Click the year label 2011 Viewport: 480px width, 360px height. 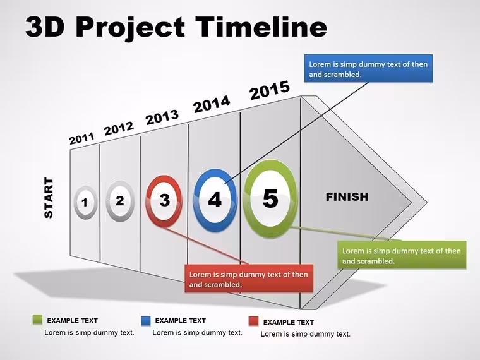pyautogui.click(x=81, y=139)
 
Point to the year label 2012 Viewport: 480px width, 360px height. pyautogui.click(x=119, y=128)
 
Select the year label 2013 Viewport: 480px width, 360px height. pyautogui.click(x=162, y=117)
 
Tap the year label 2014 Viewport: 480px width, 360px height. pyautogui.click(x=212, y=104)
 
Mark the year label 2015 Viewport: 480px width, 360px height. pyautogui.click(x=270, y=90)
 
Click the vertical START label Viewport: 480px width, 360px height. pyautogui.click(x=49, y=198)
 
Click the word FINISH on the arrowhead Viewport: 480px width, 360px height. pyautogui.click(x=347, y=197)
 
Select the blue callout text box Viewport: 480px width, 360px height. pyautogui.click(x=368, y=69)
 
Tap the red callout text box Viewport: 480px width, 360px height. pyautogui.click(x=249, y=279)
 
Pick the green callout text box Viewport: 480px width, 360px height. pyautogui.click(x=402, y=255)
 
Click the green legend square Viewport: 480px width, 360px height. pyautogui.click(x=37, y=320)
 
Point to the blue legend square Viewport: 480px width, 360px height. pyautogui.click(x=146, y=320)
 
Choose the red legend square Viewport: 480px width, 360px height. pyautogui.click(x=253, y=321)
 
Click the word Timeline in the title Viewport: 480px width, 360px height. pyautogui.click(x=261, y=27)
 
